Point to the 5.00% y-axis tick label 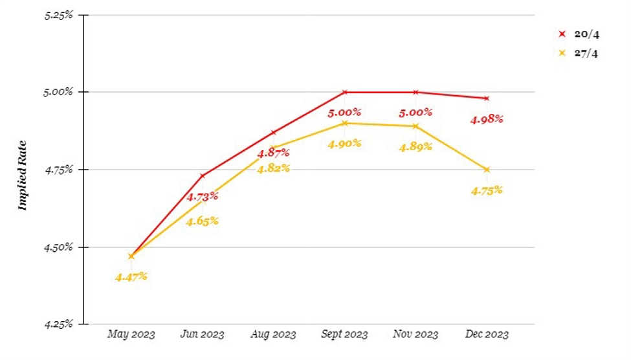(60, 92)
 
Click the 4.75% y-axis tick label (60, 170)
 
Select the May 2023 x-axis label (131, 334)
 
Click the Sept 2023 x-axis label (344, 334)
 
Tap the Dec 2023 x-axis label (487, 334)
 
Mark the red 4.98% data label (487, 119)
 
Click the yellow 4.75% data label (487, 190)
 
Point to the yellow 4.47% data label (131, 276)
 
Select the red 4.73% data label (203, 197)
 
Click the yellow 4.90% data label (344, 144)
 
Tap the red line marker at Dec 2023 (487, 98)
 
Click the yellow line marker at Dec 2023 (487, 170)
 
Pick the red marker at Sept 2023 (345, 92)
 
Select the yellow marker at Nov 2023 (415, 126)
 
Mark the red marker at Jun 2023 (203, 175)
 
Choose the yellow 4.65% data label (203, 221)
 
